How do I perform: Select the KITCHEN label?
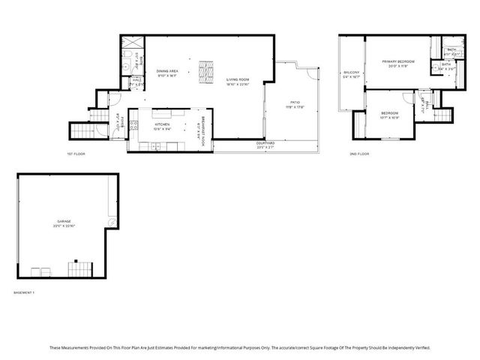(162, 124)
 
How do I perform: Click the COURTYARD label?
(265, 142)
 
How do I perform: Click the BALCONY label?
(351, 72)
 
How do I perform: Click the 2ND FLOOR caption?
(359, 154)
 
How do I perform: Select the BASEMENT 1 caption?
(25, 292)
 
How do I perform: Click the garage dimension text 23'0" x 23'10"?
(64, 226)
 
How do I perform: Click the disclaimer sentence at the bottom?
(240, 347)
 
